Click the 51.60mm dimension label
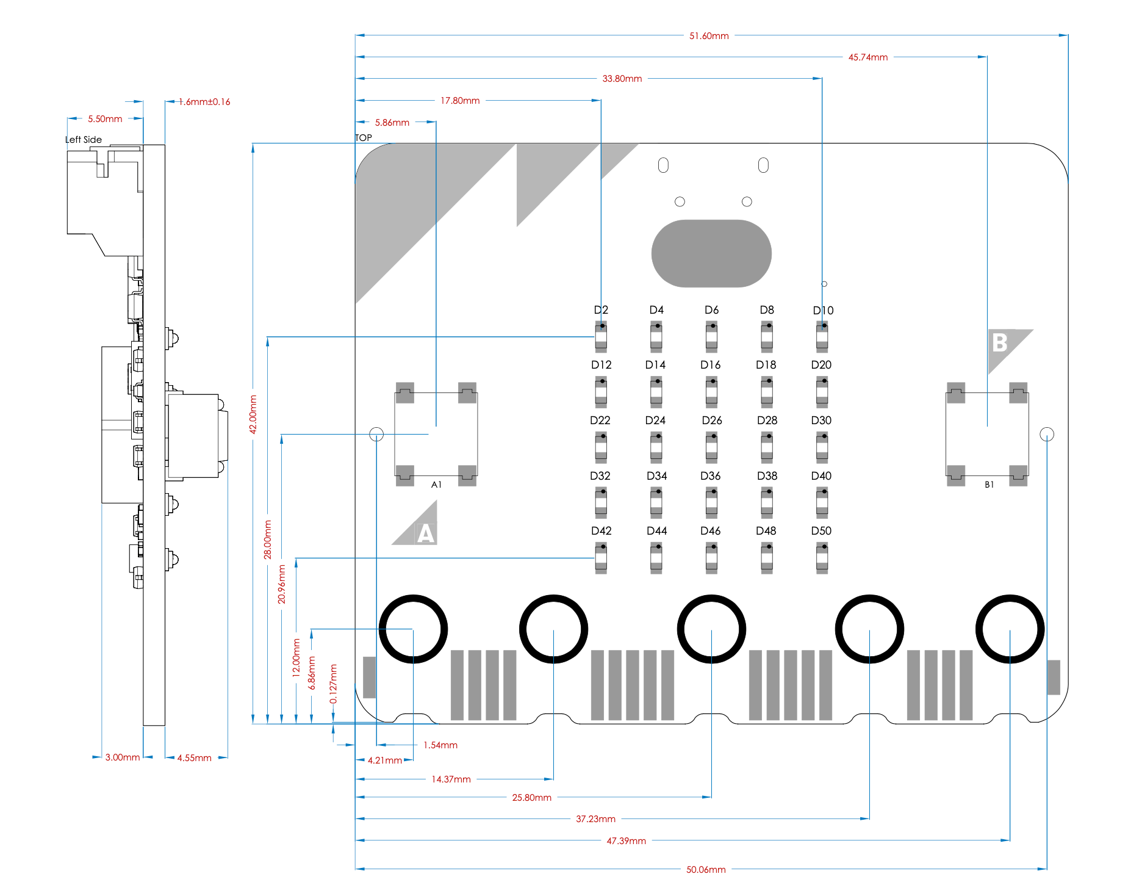(709, 36)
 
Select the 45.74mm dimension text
(867, 57)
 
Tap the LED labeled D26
(711, 447)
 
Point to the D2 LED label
(601, 310)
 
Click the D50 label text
(821, 531)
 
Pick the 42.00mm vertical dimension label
(253, 414)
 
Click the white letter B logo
(999, 343)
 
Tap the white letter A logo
(426, 533)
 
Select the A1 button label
(436, 485)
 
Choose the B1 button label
(989, 485)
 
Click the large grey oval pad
(711, 253)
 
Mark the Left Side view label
(84, 140)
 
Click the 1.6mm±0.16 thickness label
(204, 102)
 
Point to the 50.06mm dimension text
(706, 870)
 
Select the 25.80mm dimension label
(531, 798)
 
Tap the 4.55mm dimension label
(194, 758)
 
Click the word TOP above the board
(364, 138)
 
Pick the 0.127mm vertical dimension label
(333, 684)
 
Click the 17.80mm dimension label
(460, 101)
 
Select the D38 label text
(767, 476)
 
